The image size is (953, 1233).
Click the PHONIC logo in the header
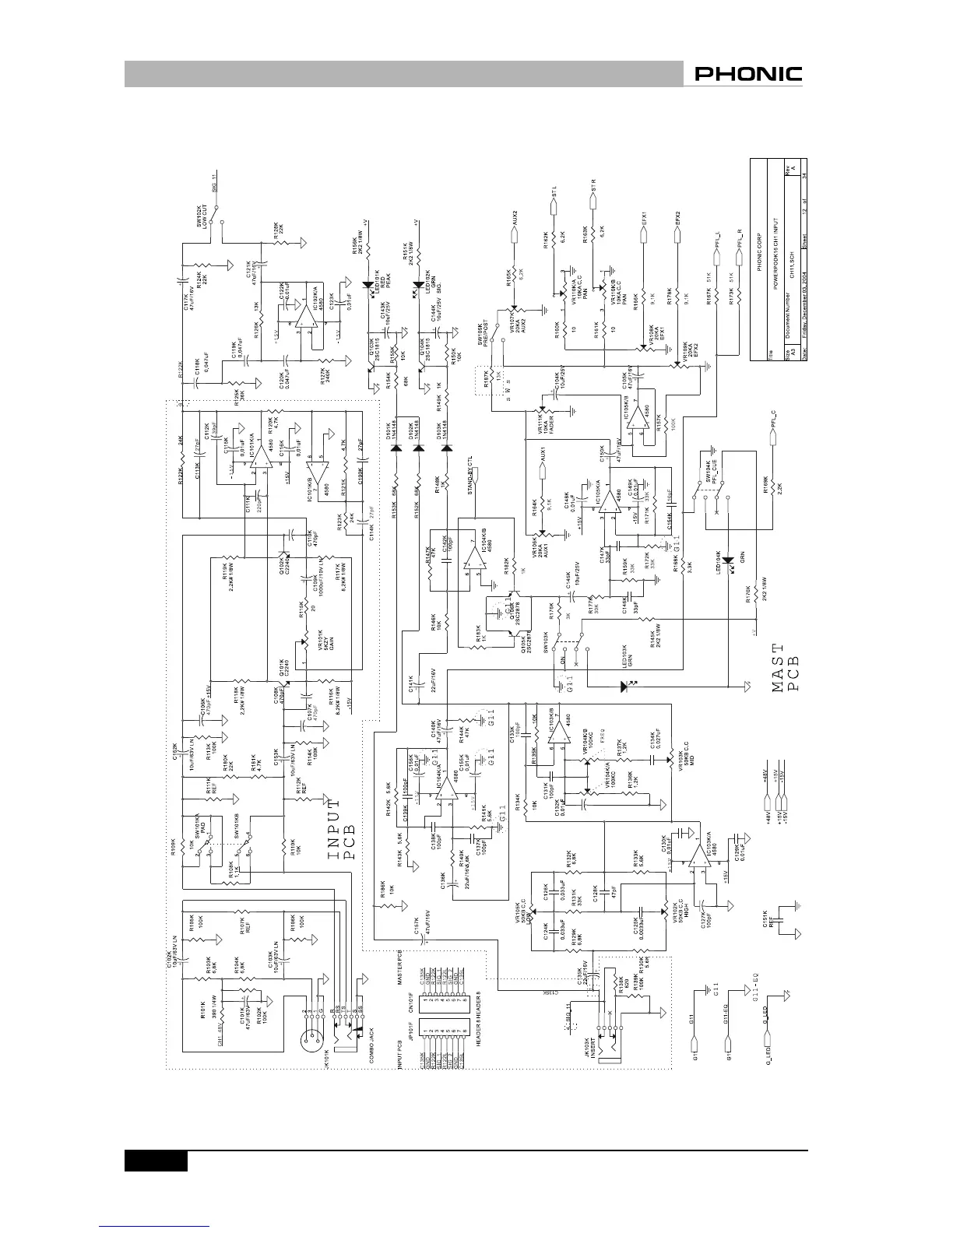(x=748, y=75)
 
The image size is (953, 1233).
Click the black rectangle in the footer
(x=156, y=1161)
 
